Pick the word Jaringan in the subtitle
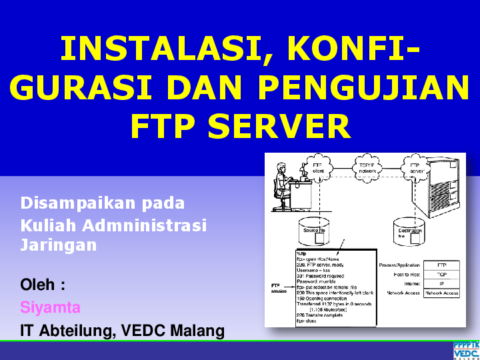[x=59, y=245]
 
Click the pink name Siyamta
[x=51, y=307]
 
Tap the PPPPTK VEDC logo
[x=466, y=350]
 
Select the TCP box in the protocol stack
[x=441, y=274]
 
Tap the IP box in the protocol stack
[x=441, y=283]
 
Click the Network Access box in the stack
[x=441, y=293]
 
